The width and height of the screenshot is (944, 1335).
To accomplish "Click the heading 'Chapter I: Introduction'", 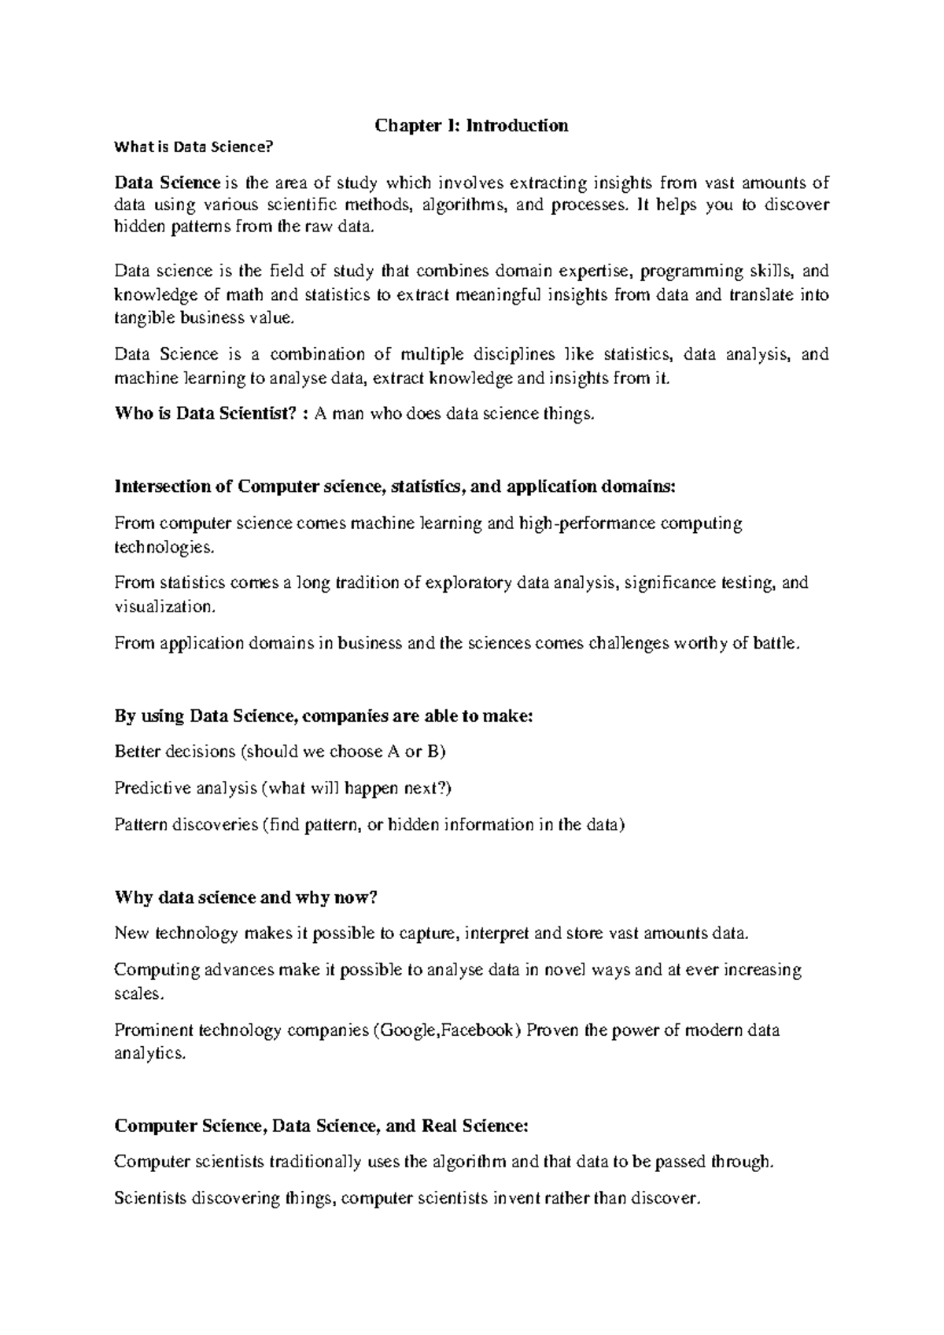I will coord(471,125).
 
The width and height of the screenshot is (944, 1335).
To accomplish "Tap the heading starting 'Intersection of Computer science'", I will coord(395,486).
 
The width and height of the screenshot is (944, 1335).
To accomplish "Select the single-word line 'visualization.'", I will coord(164,607).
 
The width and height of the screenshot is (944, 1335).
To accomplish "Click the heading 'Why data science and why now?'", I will coord(246,897).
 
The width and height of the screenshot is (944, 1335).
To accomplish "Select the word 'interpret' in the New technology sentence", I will coord(498,934).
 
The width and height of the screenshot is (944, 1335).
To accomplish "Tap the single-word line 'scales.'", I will coord(140,993).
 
